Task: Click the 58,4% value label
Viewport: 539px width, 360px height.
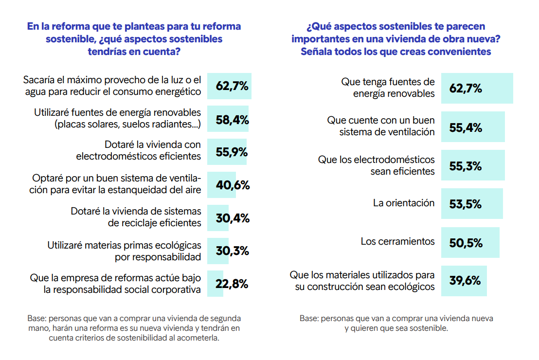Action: (x=232, y=119)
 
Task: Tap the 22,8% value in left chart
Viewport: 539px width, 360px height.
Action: (x=232, y=284)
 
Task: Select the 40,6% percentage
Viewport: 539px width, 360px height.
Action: (x=232, y=185)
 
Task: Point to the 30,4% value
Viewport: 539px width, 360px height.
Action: (x=232, y=218)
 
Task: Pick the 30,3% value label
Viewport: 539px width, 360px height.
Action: (x=232, y=251)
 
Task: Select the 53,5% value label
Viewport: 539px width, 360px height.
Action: (x=466, y=204)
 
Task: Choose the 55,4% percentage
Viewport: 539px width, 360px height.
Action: (x=466, y=127)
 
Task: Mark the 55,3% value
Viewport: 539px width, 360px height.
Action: (x=466, y=166)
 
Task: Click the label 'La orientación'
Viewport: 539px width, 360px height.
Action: (x=404, y=203)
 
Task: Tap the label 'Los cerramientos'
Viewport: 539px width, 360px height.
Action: (x=397, y=241)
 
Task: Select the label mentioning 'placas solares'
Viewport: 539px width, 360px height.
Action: (x=117, y=118)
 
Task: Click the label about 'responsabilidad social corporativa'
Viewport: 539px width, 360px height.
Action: (x=115, y=284)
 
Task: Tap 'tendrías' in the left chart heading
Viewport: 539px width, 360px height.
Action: (x=107, y=51)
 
